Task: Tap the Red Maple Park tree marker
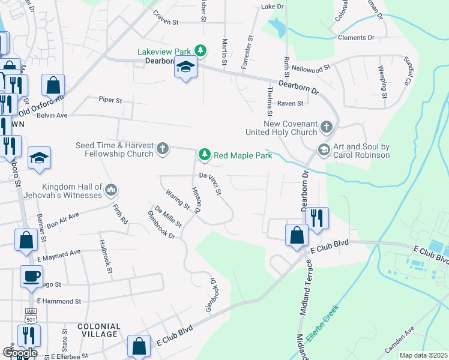(205, 155)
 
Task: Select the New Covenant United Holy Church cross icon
(326, 127)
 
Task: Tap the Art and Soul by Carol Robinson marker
(324, 149)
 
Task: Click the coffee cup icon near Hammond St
(31, 276)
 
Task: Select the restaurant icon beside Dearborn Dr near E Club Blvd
(317, 217)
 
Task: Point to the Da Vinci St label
(210, 184)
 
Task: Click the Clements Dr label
(356, 37)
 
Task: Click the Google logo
(20, 352)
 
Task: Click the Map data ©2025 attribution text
(423, 355)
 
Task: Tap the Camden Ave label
(399, 339)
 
